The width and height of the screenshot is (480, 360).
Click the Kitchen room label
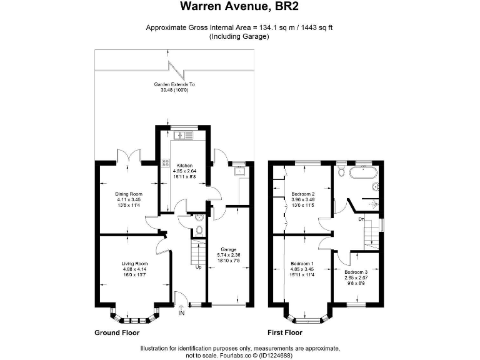184,166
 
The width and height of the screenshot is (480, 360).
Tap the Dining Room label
129,194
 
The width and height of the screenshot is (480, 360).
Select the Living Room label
134,264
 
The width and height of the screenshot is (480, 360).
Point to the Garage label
228,249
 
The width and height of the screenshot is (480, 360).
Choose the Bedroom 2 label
303,194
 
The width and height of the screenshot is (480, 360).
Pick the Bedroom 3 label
356,272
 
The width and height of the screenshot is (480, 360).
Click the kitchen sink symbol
184,135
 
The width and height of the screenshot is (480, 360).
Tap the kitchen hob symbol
166,163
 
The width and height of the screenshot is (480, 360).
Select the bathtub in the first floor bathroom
364,172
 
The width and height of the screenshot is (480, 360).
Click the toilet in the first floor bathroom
341,171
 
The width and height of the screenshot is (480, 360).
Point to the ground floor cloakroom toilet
199,230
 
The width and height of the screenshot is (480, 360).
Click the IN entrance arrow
181,307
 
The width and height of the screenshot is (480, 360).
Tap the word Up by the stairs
198,267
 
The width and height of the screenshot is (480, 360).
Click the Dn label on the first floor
361,219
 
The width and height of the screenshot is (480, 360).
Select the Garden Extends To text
174,84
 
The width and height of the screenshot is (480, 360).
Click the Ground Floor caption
117,332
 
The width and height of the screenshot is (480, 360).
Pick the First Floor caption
285,332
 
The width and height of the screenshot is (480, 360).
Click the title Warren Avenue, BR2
239,6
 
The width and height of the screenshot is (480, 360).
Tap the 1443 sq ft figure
317,27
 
